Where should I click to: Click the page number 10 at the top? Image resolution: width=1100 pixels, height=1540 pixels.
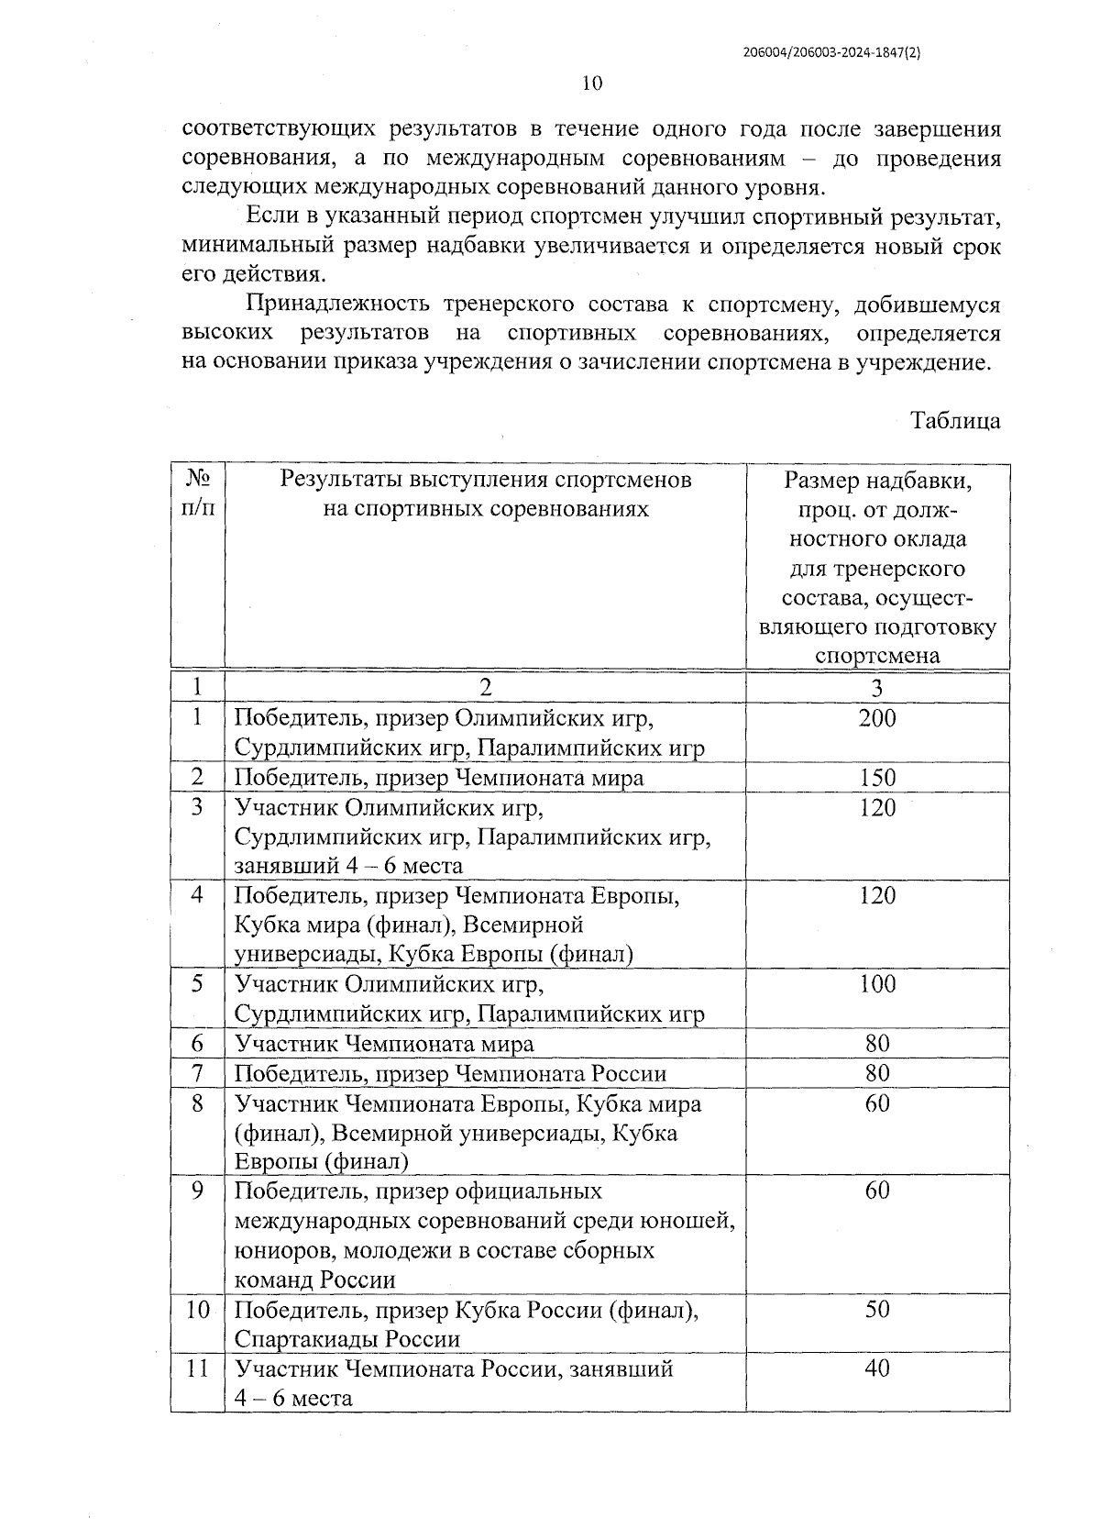click(x=592, y=83)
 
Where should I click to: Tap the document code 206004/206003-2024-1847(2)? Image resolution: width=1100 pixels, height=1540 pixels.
click(x=831, y=53)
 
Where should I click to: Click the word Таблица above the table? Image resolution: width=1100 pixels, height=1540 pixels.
click(x=954, y=421)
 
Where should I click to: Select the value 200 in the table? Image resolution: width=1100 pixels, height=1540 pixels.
click(x=877, y=718)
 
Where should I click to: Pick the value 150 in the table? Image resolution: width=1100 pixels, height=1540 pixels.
click(x=877, y=778)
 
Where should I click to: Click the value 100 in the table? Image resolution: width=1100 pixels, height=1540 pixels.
click(x=877, y=984)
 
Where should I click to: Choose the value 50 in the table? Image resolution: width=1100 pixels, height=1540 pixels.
click(x=877, y=1309)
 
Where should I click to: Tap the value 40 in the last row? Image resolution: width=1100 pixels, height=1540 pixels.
click(x=877, y=1368)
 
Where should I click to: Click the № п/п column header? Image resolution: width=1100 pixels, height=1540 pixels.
click(x=198, y=493)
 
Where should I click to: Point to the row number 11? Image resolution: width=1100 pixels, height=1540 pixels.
click(x=197, y=1368)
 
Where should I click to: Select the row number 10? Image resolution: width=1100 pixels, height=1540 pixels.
click(x=197, y=1309)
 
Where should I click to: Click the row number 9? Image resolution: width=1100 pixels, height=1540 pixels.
click(x=197, y=1191)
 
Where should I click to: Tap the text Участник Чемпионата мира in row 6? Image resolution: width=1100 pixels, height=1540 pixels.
click(x=384, y=1044)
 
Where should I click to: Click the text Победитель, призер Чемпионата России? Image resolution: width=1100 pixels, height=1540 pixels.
click(x=450, y=1073)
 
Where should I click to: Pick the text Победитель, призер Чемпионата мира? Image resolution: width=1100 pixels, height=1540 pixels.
click(x=439, y=778)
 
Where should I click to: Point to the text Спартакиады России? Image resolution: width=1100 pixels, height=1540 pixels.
click(x=347, y=1339)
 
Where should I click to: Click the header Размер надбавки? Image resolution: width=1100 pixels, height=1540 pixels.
click(x=877, y=481)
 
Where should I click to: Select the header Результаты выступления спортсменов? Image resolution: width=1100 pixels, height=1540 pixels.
click(x=485, y=480)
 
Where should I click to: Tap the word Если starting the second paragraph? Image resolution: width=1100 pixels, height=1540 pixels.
click(x=268, y=218)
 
